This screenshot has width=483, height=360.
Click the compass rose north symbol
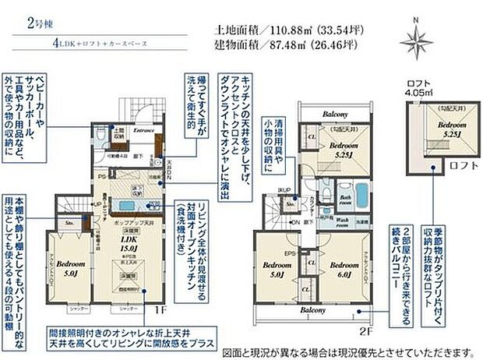tap(416, 38)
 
